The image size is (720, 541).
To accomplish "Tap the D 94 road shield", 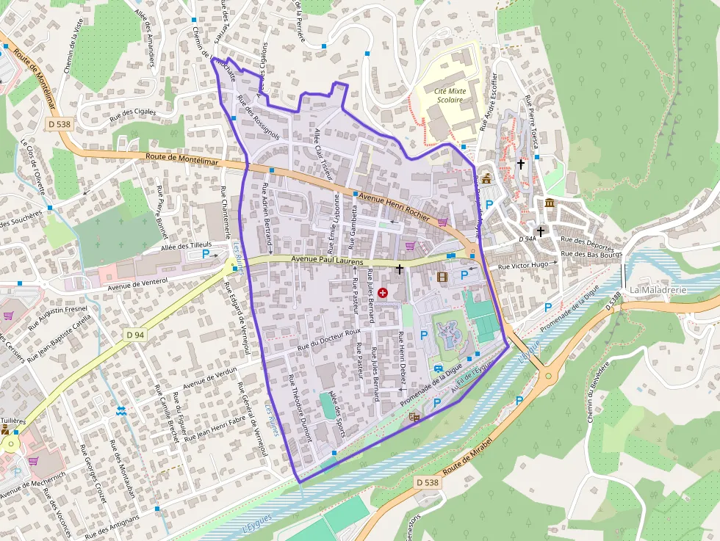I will tap(134, 335).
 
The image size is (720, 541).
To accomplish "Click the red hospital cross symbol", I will tap(383, 292).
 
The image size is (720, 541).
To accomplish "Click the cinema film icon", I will tap(442, 277).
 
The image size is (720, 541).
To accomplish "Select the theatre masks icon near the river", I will tap(414, 418).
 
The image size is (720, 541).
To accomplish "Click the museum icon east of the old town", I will tap(550, 203).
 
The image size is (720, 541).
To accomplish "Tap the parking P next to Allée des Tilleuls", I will tap(206, 253).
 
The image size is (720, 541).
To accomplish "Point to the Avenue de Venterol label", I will tap(138, 280).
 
